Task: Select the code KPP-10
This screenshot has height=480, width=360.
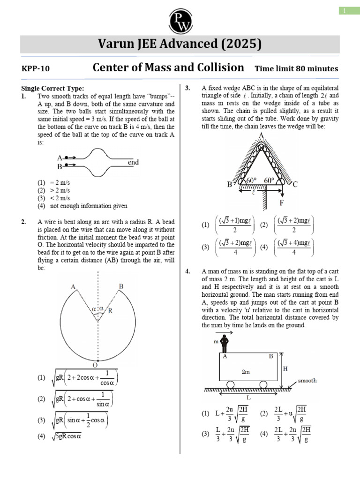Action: tap(36, 69)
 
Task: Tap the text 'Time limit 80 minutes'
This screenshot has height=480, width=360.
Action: tap(296, 69)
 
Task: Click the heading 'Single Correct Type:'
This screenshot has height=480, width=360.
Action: tap(53, 88)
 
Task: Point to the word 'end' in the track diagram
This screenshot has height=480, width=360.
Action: tap(133, 163)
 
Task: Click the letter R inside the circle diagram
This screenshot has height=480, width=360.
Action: tap(110, 310)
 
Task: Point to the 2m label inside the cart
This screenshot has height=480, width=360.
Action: tap(246, 372)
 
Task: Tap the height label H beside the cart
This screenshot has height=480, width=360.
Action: tap(285, 369)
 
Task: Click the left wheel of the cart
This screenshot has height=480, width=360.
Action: tap(230, 385)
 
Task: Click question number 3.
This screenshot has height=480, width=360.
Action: tap(187, 88)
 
